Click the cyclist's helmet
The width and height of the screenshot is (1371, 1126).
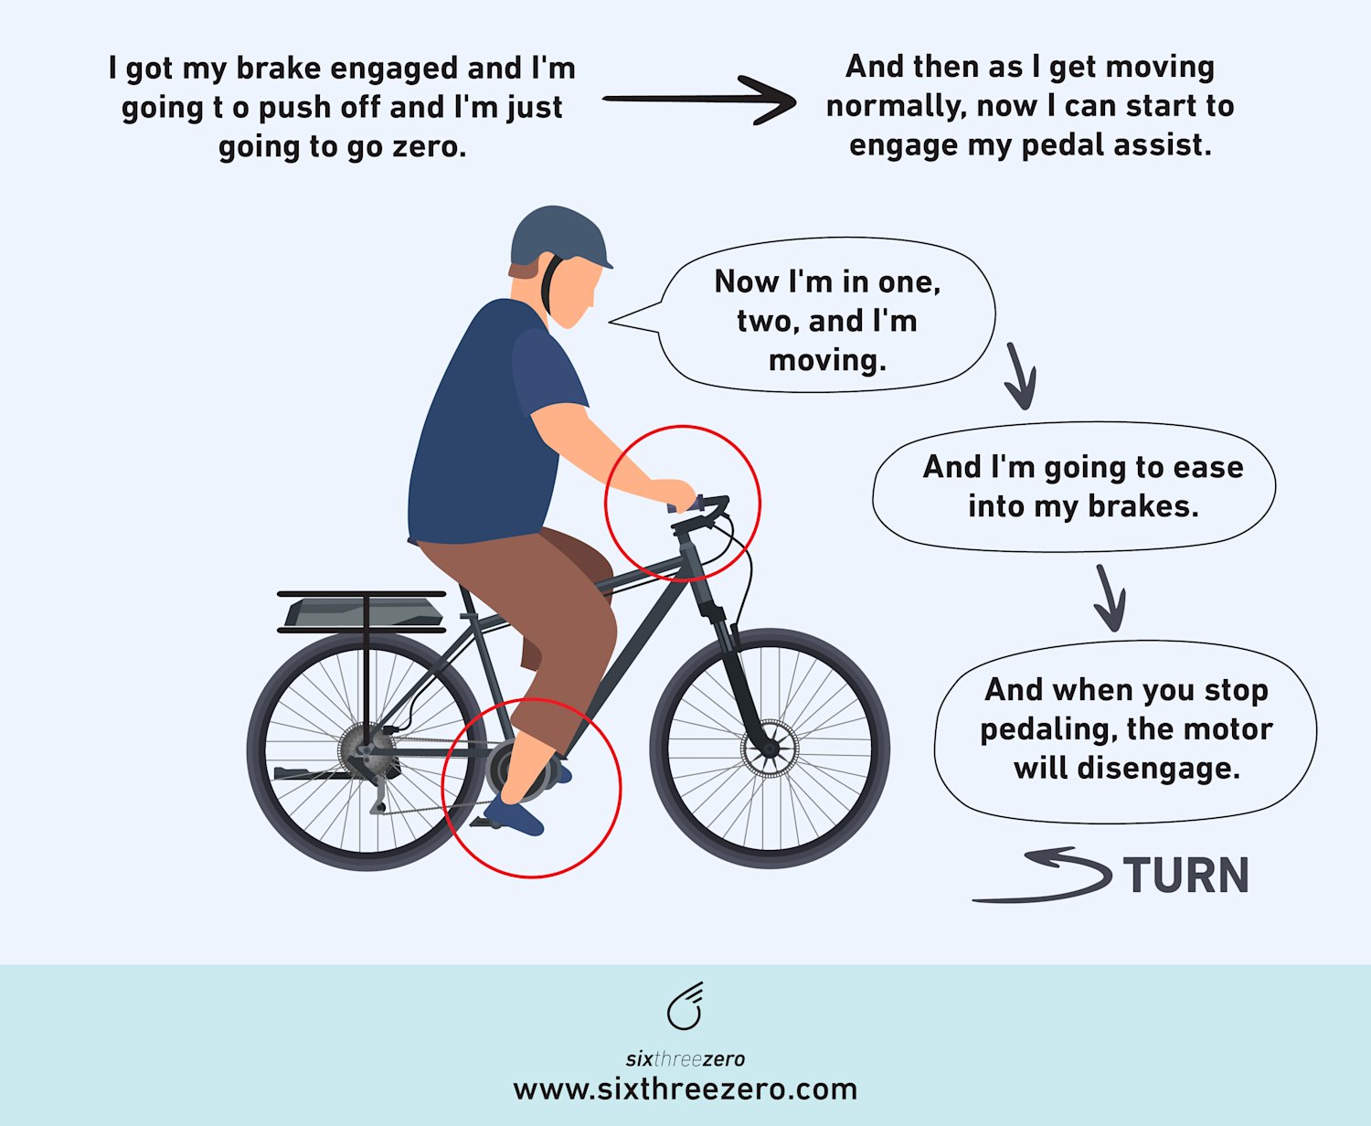(554, 237)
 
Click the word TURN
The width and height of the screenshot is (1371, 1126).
(1185, 876)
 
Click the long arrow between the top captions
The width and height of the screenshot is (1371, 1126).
(698, 99)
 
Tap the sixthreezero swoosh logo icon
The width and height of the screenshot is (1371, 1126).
(685, 1007)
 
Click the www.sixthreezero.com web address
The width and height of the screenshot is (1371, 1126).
(685, 1089)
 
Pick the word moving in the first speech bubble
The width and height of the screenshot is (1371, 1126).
(827, 360)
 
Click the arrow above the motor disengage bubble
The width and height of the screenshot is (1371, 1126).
(1110, 599)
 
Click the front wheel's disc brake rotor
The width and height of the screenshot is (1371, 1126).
(770, 749)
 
